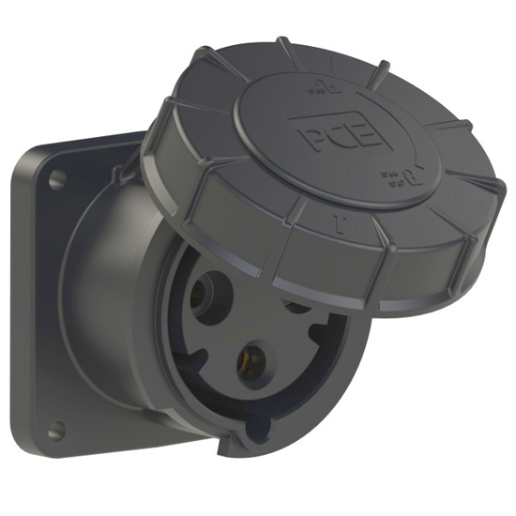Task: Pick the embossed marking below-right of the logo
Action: coord(391,175)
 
